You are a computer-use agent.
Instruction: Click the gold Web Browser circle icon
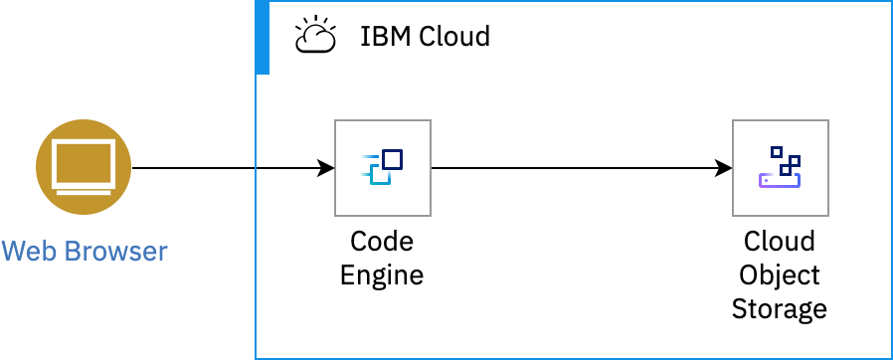point(84,168)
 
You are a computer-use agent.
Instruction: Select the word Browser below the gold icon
point(116,251)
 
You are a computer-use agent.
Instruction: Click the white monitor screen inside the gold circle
point(84,161)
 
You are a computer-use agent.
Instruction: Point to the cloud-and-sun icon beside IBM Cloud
point(314,37)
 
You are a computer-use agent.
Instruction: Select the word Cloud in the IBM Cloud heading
point(452,38)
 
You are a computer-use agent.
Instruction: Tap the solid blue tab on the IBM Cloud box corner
point(263,38)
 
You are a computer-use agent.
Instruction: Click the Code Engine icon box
point(383,168)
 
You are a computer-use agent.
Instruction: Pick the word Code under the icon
point(382,242)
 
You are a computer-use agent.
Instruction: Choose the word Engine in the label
point(382,274)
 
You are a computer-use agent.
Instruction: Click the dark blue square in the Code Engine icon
point(392,159)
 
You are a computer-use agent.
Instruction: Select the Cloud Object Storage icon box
point(780,168)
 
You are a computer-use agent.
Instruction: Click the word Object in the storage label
point(780,274)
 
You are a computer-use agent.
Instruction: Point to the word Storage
point(780,308)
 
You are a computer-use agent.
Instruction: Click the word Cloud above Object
point(780,242)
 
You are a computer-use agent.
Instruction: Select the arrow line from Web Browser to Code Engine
point(229,168)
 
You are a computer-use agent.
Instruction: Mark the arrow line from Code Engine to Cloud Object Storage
point(577,168)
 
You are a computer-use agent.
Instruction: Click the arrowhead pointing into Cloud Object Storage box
point(724,168)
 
